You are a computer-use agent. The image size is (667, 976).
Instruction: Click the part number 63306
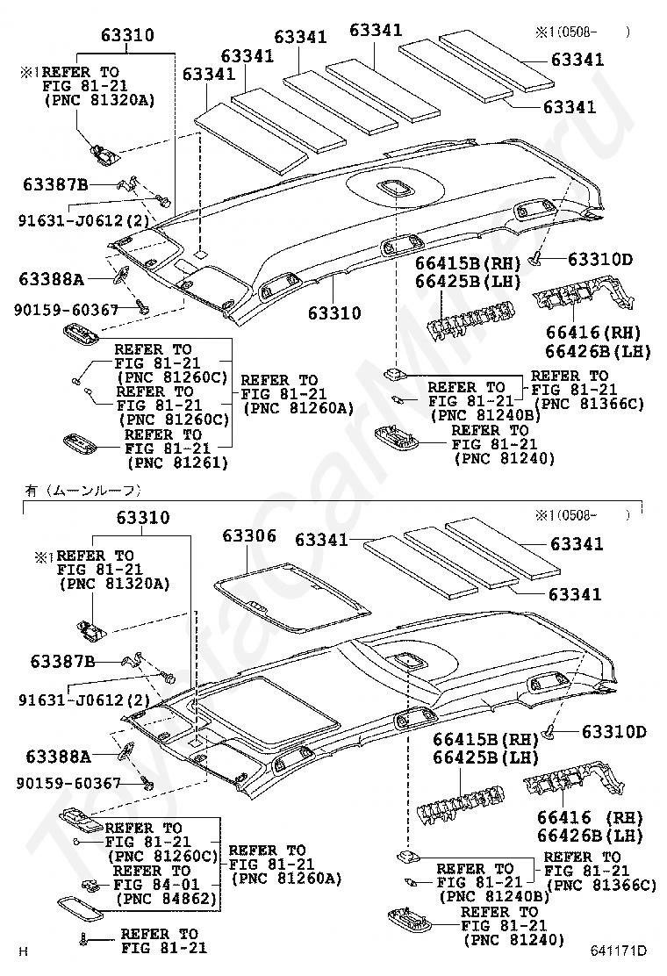(249, 535)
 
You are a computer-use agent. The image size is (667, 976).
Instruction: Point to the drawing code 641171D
(618, 951)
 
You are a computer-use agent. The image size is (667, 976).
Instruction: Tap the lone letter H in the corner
(25, 951)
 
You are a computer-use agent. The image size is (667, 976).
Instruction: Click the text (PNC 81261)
(177, 463)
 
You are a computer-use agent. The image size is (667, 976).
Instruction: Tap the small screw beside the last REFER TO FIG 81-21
(82, 939)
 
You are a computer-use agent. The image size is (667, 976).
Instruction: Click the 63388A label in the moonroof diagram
(58, 755)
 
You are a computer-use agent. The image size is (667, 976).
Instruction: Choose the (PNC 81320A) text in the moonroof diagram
(105, 584)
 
